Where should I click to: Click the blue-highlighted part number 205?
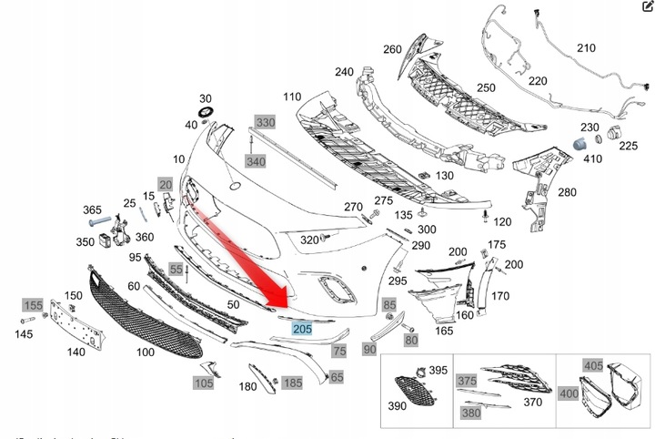300,331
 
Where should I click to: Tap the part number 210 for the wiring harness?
586,47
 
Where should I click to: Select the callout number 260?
392,49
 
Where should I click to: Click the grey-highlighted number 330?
264,122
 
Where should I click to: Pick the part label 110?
291,97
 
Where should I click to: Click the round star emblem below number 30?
206,114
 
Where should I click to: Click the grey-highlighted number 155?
33,305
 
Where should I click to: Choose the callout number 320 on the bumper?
309,240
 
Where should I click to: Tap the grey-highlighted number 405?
593,366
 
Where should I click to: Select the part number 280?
566,192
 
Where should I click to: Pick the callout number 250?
486,87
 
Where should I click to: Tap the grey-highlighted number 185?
292,383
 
